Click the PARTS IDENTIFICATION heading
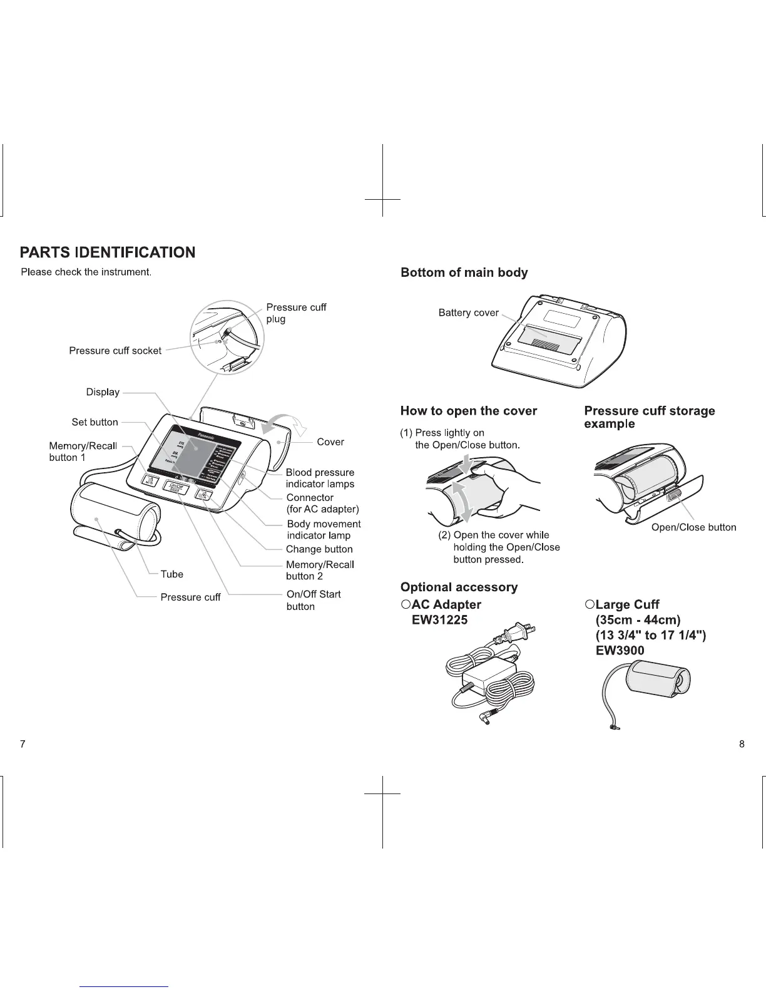pyautogui.click(x=108, y=252)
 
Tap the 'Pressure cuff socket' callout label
pyautogui.click(x=115, y=351)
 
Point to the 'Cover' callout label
pyautogui.click(x=330, y=442)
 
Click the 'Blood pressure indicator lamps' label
pyautogui.click(x=320, y=478)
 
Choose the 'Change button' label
pyautogui.click(x=319, y=549)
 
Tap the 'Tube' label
pyautogui.click(x=171, y=574)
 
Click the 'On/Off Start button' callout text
pyautogui.click(x=313, y=600)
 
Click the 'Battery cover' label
pyautogui.click(x=468, y=313)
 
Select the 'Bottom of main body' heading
pyautogui.click(x=464, y=273)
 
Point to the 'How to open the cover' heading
pyautogui.click(x=469, y=411)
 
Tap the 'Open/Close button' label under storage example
pyautogui.click(x=693, y=527)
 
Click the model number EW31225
pyautogui.click(x=439, y=620)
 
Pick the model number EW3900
pyautogui.click(x=620, y=651)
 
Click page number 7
pyautogui.click(x=23, y=744)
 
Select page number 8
pyautogui.click(x=742, y=744)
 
